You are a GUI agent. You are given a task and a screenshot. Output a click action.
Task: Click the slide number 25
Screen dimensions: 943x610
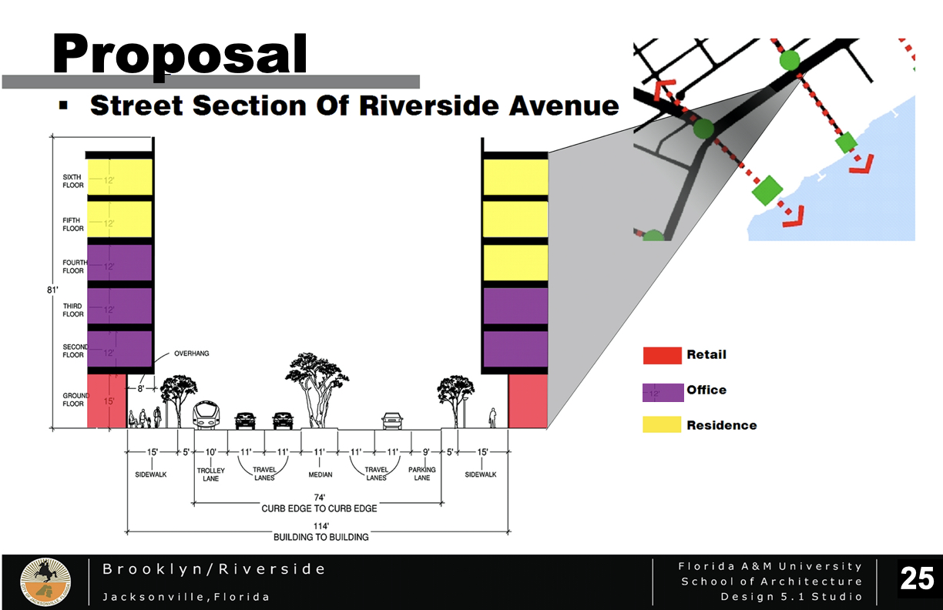point(917,578)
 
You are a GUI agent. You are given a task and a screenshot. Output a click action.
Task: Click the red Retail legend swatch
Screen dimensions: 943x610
point(662,355)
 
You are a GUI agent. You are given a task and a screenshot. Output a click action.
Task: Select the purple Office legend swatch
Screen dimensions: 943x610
point(663,391)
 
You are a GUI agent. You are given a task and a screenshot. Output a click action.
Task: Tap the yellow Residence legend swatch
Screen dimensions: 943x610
point(662,424)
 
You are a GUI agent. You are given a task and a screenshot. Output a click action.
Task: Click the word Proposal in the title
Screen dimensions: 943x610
point(180,54)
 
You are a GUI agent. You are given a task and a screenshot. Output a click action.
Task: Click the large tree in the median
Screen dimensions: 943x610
point(315,389)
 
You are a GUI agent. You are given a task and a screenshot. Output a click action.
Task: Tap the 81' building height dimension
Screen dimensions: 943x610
point(52,290)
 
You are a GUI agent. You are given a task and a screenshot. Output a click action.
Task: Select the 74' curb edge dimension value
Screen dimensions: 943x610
point(318,498)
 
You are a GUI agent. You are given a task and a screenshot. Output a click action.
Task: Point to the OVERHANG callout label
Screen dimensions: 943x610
point(186,354)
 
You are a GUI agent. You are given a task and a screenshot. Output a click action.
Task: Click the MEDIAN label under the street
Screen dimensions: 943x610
point(320,474)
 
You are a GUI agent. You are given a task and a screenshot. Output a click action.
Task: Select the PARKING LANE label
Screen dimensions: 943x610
point(421,474)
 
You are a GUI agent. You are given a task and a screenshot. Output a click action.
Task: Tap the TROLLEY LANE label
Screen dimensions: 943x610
point(210,474)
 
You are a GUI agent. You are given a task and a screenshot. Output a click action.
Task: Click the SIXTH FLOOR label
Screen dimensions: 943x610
point(73,181)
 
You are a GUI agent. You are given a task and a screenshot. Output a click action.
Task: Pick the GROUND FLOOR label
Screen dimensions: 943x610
point(75,399)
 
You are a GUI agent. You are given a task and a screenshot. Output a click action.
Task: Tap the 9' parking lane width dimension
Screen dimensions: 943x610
point(426,453)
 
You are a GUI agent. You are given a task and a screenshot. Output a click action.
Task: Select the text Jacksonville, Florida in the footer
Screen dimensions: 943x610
point(186,597)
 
